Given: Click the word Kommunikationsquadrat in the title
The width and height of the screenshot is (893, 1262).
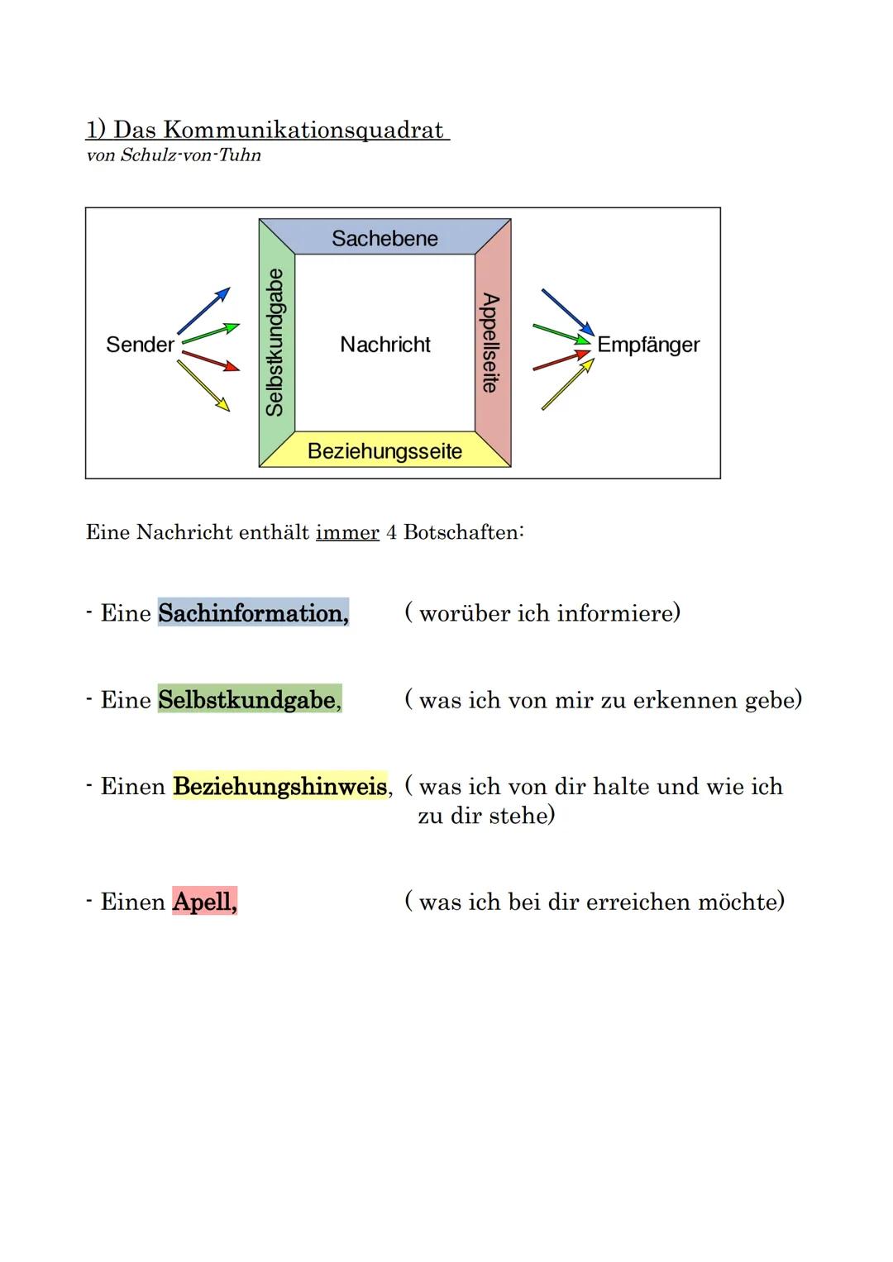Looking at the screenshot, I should point(303,130).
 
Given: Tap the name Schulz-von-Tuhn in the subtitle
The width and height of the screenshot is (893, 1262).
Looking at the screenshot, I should point(190,155).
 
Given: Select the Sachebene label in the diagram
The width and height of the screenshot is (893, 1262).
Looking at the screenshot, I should point(384,238).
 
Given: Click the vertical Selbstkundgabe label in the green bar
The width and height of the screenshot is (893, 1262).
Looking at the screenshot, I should point(275,341).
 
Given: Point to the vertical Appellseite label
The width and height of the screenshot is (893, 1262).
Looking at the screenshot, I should point(490,342).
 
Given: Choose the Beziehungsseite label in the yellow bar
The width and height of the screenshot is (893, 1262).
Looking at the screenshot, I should point(384,451).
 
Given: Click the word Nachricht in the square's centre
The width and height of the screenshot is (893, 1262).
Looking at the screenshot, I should point(385,345).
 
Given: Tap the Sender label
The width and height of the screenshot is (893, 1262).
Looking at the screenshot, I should point(140,345).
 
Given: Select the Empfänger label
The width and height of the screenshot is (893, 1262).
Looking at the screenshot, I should point(648,345).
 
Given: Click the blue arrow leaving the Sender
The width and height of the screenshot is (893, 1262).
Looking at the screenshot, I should point(203,311).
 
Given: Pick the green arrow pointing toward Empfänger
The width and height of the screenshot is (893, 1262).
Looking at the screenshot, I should point(561,332).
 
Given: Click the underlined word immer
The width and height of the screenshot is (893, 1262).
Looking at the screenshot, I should point(347,532).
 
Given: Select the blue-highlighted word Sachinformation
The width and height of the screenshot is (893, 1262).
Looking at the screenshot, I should point(253,613).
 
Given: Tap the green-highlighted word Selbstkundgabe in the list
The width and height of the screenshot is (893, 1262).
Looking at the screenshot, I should point(247,700).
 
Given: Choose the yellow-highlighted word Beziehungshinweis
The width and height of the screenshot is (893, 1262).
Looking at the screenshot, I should point(280,786).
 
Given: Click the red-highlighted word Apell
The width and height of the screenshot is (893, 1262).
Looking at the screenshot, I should point(203,902).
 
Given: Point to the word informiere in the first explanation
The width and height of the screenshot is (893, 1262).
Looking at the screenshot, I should point(618,613).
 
